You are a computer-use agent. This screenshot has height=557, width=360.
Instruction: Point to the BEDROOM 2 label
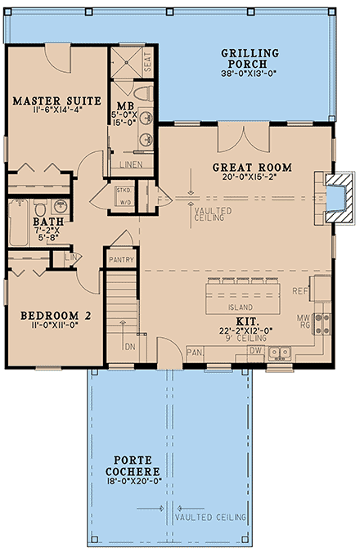pyautogui.click(x=49, y=315)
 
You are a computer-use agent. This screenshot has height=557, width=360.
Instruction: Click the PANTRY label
pyautogui.click(x=121, y=261)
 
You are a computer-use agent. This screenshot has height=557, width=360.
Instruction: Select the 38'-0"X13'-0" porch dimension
pyautogui.click(x=250, y=74)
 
